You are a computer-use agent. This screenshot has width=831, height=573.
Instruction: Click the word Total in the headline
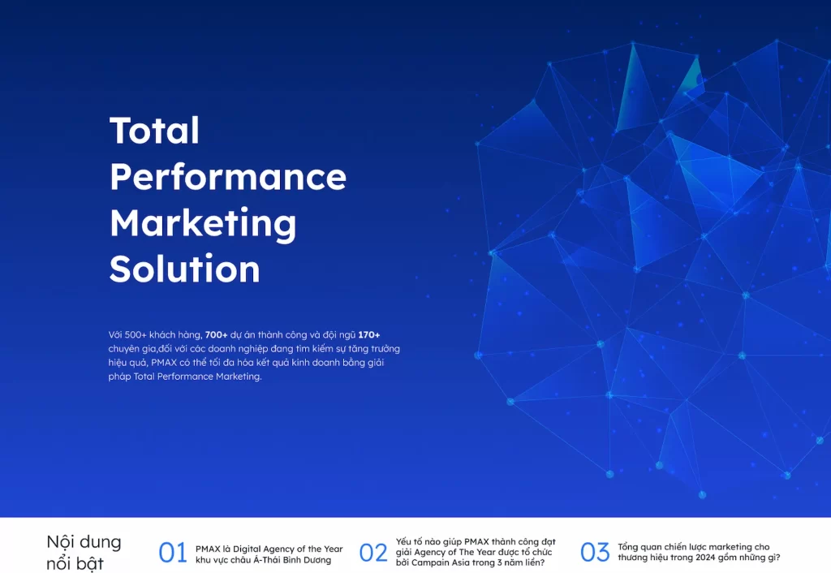(154, 131)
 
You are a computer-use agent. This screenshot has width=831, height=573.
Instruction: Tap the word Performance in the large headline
(228, 176)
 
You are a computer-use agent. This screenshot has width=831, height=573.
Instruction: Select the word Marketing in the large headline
(202, 224)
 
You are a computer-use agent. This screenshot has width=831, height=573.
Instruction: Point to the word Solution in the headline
(184, 268)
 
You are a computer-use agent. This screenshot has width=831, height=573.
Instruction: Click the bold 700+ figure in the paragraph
(216, 334)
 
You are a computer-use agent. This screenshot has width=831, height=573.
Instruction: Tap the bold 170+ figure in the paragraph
(369, 334)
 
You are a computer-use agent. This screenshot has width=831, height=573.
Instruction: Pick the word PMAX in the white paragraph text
(164, 363)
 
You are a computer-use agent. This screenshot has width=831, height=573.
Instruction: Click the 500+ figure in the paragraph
(136, 334)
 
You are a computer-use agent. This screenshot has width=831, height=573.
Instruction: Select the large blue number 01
(173, 553)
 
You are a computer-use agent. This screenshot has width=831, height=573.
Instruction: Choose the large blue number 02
(373, 553)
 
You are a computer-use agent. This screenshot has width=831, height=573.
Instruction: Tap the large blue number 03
(595, 553)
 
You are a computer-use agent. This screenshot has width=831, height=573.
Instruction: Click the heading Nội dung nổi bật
(84, 553)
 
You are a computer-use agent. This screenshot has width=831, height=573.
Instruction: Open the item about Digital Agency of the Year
(269, 554)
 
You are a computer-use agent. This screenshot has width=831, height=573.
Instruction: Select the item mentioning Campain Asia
(476, 552)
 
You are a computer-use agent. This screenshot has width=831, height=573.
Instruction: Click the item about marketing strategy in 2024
(699, 552)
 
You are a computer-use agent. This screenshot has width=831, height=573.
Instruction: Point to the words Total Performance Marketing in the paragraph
(197, 377)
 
